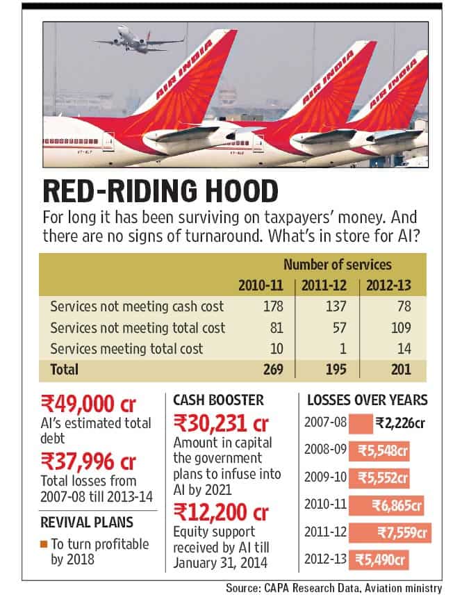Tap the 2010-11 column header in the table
pos(261,285)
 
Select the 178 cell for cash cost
pos(273,306)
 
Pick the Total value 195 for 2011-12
pos(336,369)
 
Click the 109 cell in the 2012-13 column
pos(401,328)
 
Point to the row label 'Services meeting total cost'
pos(126,349)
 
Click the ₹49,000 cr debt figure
pos(88,404)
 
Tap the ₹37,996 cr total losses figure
pos(88,461)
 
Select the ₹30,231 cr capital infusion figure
pos(221,423)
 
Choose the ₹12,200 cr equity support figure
pos(221,512)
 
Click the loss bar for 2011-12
pos(390,532)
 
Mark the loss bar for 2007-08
pos(361,423)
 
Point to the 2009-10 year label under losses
pos(325,477)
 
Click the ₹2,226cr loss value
pos(400,423)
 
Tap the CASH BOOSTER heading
pos(218,400)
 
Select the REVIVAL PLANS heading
pos(87,523)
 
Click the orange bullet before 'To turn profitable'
pos(44,544)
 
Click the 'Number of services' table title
pos(338,265)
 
